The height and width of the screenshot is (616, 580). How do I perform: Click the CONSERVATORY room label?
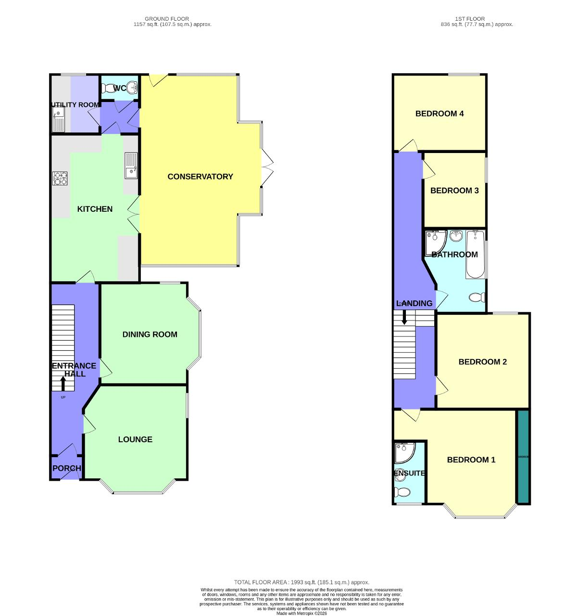200,177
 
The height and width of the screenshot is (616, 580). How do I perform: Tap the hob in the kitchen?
60,179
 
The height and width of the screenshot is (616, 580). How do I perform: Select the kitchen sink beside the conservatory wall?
131,166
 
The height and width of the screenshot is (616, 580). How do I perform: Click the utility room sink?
58,119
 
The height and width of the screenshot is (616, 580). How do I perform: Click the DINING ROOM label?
150,334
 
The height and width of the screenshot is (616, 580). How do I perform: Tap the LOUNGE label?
135,439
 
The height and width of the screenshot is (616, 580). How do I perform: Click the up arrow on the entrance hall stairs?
63,384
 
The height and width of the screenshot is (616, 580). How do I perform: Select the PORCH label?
66,468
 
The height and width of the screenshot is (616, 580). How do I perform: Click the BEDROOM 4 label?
439,114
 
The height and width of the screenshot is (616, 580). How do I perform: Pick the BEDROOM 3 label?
454,191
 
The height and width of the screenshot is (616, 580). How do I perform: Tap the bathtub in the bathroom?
475,255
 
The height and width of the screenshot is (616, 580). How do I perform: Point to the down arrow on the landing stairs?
404,317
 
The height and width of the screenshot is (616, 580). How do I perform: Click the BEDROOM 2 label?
482,362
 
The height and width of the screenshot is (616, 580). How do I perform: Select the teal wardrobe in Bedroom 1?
523,456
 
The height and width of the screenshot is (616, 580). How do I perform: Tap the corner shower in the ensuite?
403,452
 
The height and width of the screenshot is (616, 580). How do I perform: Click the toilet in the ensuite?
402,491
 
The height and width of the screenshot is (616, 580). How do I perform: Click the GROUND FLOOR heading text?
167,19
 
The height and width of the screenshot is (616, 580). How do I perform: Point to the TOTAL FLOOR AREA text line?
302,582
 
